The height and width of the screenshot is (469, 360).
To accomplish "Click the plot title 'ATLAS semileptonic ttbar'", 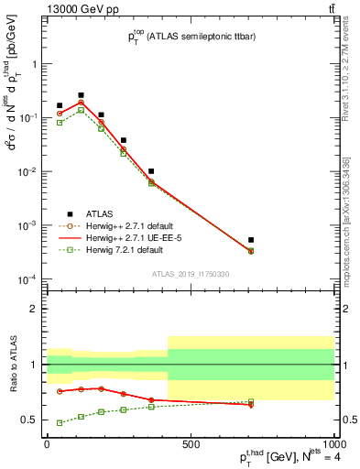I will point(185,37).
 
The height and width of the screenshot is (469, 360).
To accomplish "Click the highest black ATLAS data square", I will point(81,95).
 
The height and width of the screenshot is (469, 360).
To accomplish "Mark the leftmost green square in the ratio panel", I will point(60,423).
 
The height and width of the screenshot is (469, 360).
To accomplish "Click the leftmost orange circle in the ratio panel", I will point(60,391).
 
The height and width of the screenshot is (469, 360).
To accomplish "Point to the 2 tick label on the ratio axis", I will point(35,309).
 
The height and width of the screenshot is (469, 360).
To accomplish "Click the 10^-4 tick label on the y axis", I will point(27,278).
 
